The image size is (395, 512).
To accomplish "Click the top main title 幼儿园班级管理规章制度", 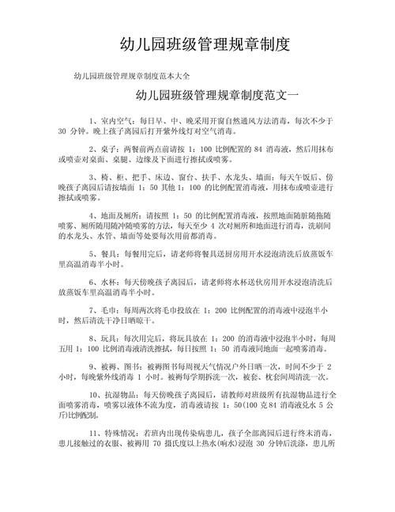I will pyautogui.click(x=197, y=43).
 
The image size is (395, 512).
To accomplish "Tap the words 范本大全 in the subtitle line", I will pyautogui.click(x=171, y=77).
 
